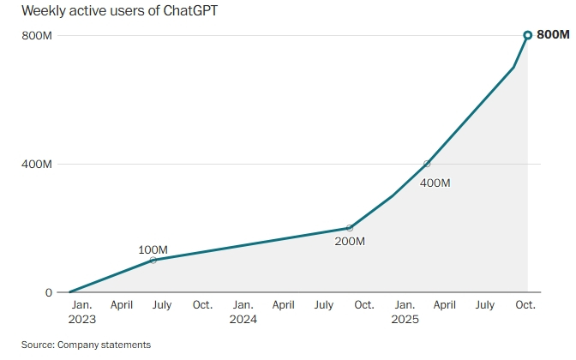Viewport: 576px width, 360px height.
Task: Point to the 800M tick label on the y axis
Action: [x=38, y=35]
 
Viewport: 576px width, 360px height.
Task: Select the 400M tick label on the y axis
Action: [x=38, y=164]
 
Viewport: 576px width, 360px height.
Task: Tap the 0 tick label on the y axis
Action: [x=49, y=292]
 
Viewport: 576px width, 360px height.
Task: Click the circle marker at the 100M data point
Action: [x=153, y=260]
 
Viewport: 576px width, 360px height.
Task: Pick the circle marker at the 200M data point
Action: [x=349, y=228]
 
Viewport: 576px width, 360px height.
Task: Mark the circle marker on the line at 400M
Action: [x=427, y=164]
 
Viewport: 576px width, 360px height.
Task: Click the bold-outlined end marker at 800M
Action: [x=528, y=35]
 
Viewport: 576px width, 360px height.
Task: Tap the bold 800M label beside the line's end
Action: [x=553, y=35]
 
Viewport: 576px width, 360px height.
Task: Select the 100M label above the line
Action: [x=153, y=249]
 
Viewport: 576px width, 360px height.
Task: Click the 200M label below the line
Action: [x=350, y=242]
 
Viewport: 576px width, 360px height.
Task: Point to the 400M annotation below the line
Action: [x=435, y=183]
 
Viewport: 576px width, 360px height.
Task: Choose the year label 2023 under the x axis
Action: [x=81, y=319]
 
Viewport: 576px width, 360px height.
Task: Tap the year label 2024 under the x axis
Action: [x=243, y=319]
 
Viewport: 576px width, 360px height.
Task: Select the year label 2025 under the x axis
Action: [x=405, y=319]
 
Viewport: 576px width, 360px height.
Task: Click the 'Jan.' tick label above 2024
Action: [x=243, y=304]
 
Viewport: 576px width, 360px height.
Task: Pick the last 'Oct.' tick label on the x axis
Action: [x=525, y=304]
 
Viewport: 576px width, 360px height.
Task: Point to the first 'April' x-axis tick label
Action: [x=122, y=304]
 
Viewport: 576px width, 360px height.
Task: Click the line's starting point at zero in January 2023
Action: [x=70, y=292]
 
